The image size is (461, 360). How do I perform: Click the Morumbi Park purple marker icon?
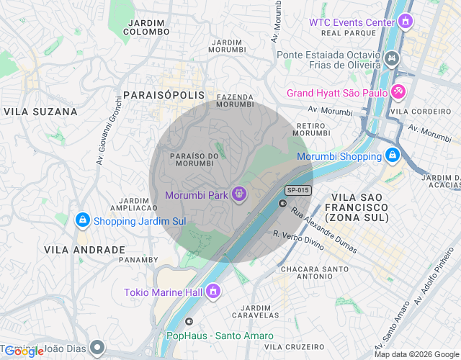239,194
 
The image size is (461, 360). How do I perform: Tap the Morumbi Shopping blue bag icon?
392,155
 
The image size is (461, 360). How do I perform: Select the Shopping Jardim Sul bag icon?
83,220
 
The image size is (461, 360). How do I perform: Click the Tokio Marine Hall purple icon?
212,291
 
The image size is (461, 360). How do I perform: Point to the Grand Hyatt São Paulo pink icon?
398,92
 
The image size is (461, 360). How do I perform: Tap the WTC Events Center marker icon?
406,22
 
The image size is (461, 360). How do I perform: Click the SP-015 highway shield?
297,190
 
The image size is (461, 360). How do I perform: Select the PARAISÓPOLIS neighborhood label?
164,95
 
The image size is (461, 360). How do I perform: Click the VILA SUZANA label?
40,112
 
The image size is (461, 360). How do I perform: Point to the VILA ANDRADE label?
84,250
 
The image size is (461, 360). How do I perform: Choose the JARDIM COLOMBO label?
147,27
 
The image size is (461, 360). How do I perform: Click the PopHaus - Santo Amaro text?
220,336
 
